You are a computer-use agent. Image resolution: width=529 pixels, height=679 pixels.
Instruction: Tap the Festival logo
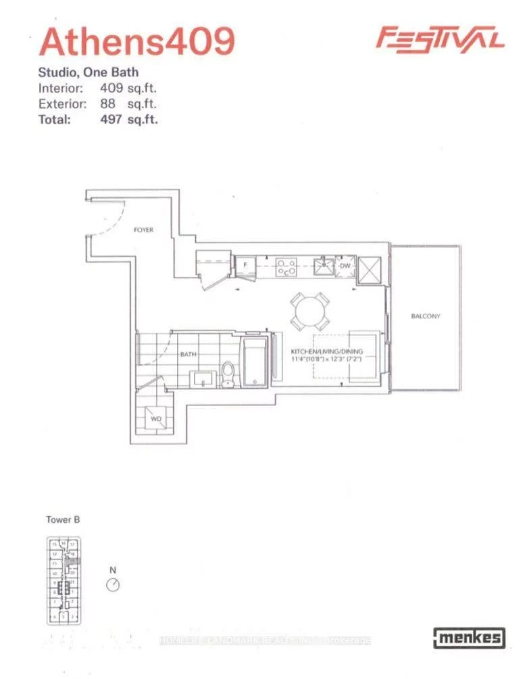440,38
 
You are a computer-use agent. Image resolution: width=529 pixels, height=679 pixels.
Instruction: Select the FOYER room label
143,230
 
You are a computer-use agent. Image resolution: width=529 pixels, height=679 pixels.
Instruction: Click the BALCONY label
425,316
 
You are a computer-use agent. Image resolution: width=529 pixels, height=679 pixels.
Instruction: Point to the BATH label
188,353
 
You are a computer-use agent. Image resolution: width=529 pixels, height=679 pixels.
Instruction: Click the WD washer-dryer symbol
156,419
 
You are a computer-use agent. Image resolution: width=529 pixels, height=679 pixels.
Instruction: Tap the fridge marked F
245,266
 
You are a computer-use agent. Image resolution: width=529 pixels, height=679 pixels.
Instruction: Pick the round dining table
309,311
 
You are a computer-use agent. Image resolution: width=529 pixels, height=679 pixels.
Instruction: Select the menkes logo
468,636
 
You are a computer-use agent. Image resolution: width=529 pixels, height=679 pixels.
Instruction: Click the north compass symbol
114,583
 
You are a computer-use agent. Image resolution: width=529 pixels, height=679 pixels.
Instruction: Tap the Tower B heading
63,520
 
